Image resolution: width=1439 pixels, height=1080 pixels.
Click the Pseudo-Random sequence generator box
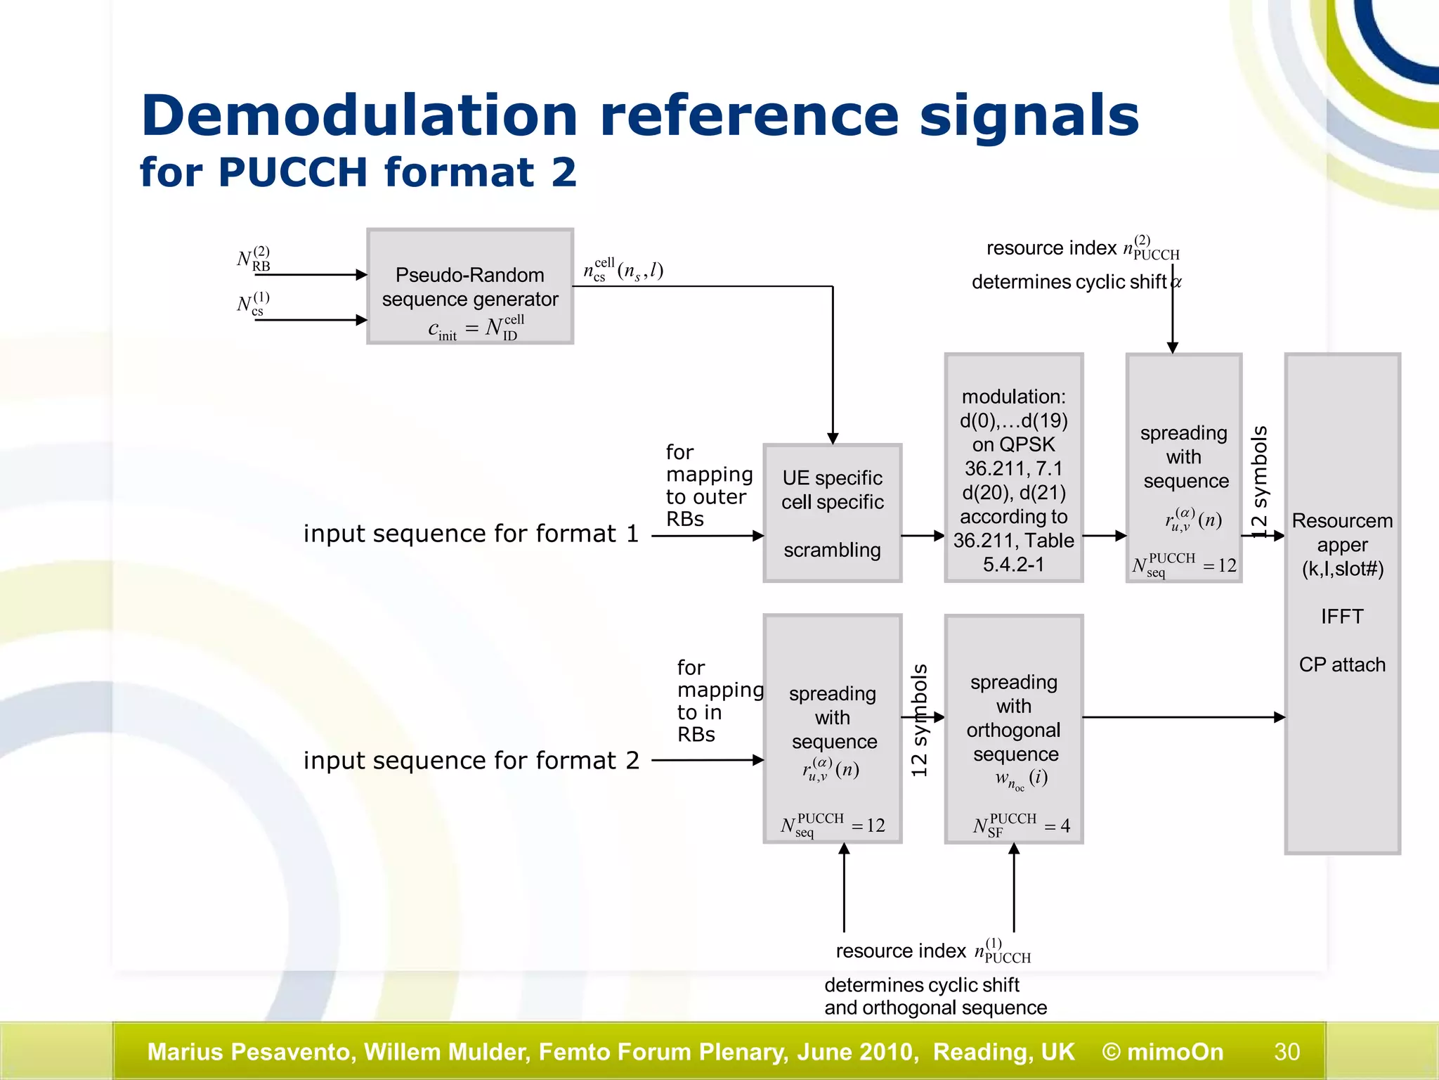click(x=469, y=286)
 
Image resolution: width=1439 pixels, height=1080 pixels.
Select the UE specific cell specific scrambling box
click(x=832, y=513)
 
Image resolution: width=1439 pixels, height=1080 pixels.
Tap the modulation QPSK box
click(x=1013, y=468)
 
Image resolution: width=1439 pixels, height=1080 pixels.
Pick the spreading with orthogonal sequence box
click(x=1013, y=729)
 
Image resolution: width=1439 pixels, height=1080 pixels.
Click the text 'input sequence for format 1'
click(x=471, y=534)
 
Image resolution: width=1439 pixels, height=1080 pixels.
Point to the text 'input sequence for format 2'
click(x=471, y=761)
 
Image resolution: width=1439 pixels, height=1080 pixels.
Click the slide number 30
click(x=1287, y=1052)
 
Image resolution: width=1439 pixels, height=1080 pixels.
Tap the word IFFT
click(x=1341, y=617)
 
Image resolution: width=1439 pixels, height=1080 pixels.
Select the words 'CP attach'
click(x=1341, y=664)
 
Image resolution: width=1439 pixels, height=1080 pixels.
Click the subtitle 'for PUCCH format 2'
click(x=358, y=172)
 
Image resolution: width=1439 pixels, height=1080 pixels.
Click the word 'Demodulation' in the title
click(x=358, y=116)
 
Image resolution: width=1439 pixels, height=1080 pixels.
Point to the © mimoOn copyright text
click(x=1162, y=1052)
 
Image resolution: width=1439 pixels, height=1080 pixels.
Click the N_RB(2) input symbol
click(x=254, y=259)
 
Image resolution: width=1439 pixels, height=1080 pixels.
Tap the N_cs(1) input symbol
click(x=253, y=304)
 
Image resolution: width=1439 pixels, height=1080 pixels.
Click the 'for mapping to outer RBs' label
click(x=708, y=485)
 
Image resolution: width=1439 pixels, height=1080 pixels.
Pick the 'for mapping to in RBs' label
click(x=718, y=701)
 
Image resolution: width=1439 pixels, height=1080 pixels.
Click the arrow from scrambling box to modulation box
click(x=923, y=536)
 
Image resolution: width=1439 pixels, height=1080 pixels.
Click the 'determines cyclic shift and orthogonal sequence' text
click(x=935, y=996)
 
